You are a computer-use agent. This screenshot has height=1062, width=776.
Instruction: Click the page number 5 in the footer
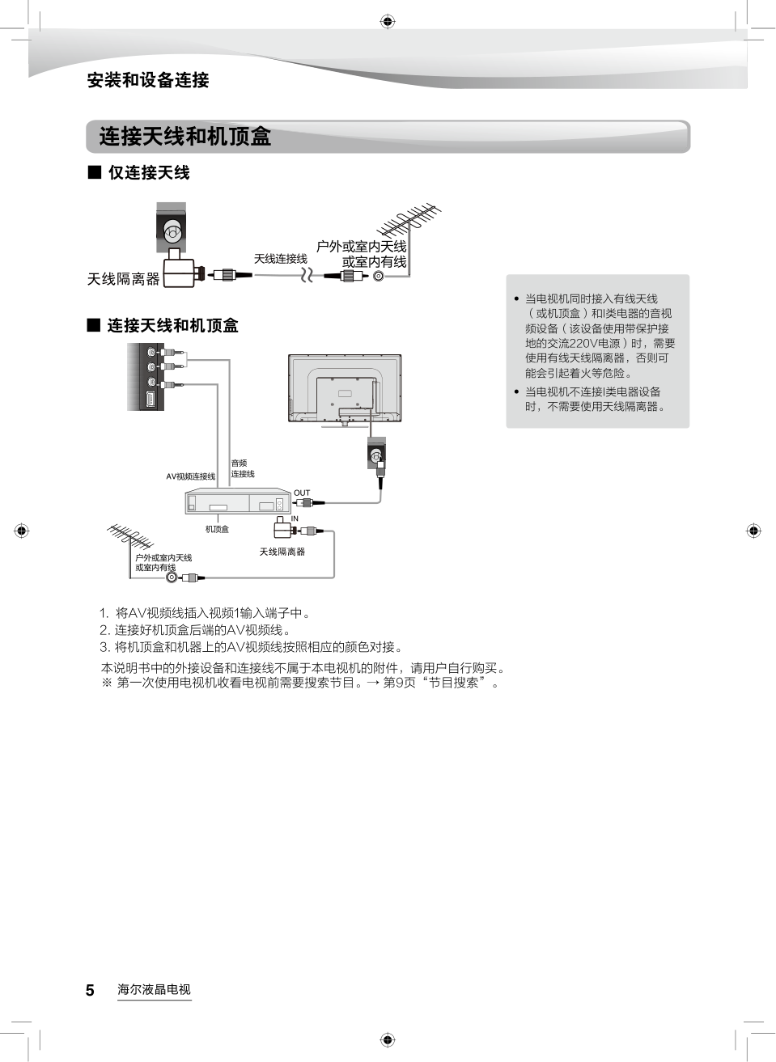pyautogui.click(x=90, y=990)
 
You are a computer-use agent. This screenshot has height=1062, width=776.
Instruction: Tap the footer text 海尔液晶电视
pyautogui.click(x=154, y=989)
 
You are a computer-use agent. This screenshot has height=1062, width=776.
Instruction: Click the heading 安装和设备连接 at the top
pyautogui.click(x=148, y=80)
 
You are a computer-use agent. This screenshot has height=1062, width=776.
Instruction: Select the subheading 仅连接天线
pyautogui.click(x=149, y=172)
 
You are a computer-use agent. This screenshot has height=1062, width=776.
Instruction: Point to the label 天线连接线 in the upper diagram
pyautogui.click(x=280, y=259)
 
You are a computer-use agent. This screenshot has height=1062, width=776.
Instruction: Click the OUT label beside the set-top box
pyautogui.click(x=302, y=493)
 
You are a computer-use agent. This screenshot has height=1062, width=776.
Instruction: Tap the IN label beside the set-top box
pyautogui.click(x=295, y=518)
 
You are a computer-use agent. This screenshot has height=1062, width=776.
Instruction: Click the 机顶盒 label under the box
pyautogui.click(x=217, y=529)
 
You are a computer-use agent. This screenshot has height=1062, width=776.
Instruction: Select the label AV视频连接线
pyautogui.click(x=191, y=476)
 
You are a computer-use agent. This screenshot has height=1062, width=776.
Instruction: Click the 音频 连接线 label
pyautogui.click(x=242, y=468)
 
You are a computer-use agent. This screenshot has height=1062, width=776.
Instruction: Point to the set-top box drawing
pyautogui.click(x=237, y=501)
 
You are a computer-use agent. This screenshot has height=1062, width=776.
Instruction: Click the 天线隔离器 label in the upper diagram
pyautogui.click(x=124, y=279)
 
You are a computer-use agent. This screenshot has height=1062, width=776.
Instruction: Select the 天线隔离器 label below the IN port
pyautogui.click(x=282, y=552)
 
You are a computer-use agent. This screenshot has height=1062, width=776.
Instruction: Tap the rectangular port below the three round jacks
pyautogui.click(x=150, y=399)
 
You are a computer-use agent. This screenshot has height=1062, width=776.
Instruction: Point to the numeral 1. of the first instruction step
pyautogui.click(x=104, y=613)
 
